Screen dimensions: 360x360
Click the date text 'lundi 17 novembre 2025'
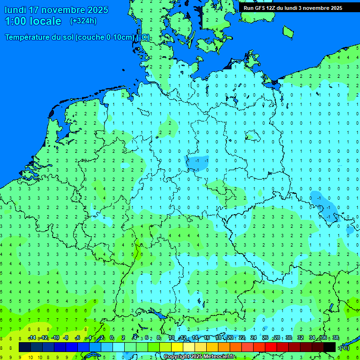tap(56, 10)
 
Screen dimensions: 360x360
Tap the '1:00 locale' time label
tap(33, 21)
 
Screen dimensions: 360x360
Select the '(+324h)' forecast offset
tap(83, 21)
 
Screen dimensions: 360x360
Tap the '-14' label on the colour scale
tap(31, 338)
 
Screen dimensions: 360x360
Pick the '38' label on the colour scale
tap(336, 338)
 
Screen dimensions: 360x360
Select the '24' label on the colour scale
tap(254, 338)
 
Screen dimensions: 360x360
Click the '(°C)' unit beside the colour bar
tap(344, 347)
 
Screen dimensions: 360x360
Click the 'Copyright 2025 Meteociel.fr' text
tap(199, 357)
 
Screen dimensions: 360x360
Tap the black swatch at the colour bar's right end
tap(330, 347)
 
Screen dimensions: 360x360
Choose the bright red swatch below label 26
tap(271, 347)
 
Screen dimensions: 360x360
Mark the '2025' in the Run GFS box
tap(336, 8)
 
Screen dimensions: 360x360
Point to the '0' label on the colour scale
tap(112, 338)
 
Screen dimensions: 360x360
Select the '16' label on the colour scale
tap(207, 338)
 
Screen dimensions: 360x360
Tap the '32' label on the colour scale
tap(300, 338)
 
